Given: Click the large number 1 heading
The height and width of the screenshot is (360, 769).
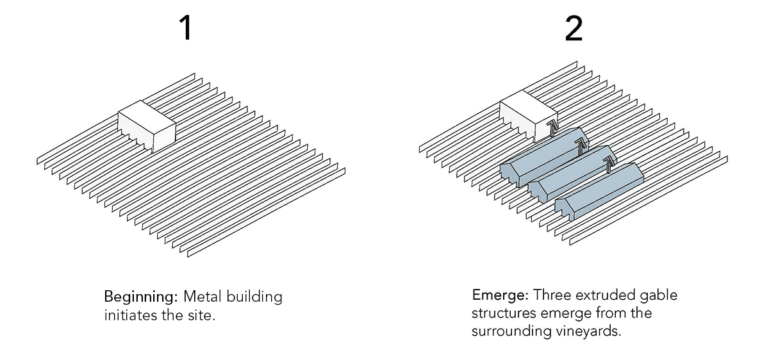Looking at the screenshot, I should click(x=185, y=28).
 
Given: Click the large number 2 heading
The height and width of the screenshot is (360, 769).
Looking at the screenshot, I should click(x=574, y=28).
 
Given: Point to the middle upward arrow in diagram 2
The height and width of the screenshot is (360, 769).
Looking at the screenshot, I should click(x=581, y=147).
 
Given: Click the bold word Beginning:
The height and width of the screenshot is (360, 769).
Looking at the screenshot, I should click(x=141, y=298).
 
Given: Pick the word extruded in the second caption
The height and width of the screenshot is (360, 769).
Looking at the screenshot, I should click(x=604, y=296).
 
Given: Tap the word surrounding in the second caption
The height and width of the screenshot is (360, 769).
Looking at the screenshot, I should click(x=506, y=332).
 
